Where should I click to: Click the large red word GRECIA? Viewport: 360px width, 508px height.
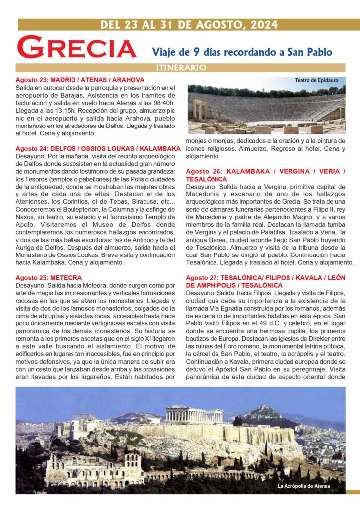(77, 48)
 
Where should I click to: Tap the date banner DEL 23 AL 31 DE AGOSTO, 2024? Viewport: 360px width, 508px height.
(188, 25)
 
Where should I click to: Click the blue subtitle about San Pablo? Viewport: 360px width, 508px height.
(242, 51)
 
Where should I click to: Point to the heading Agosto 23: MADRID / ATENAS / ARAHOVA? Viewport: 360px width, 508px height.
(80, 80)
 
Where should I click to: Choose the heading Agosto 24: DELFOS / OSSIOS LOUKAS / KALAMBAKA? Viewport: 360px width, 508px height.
(98, 148)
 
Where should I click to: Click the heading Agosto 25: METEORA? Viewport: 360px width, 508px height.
(49, 278)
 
